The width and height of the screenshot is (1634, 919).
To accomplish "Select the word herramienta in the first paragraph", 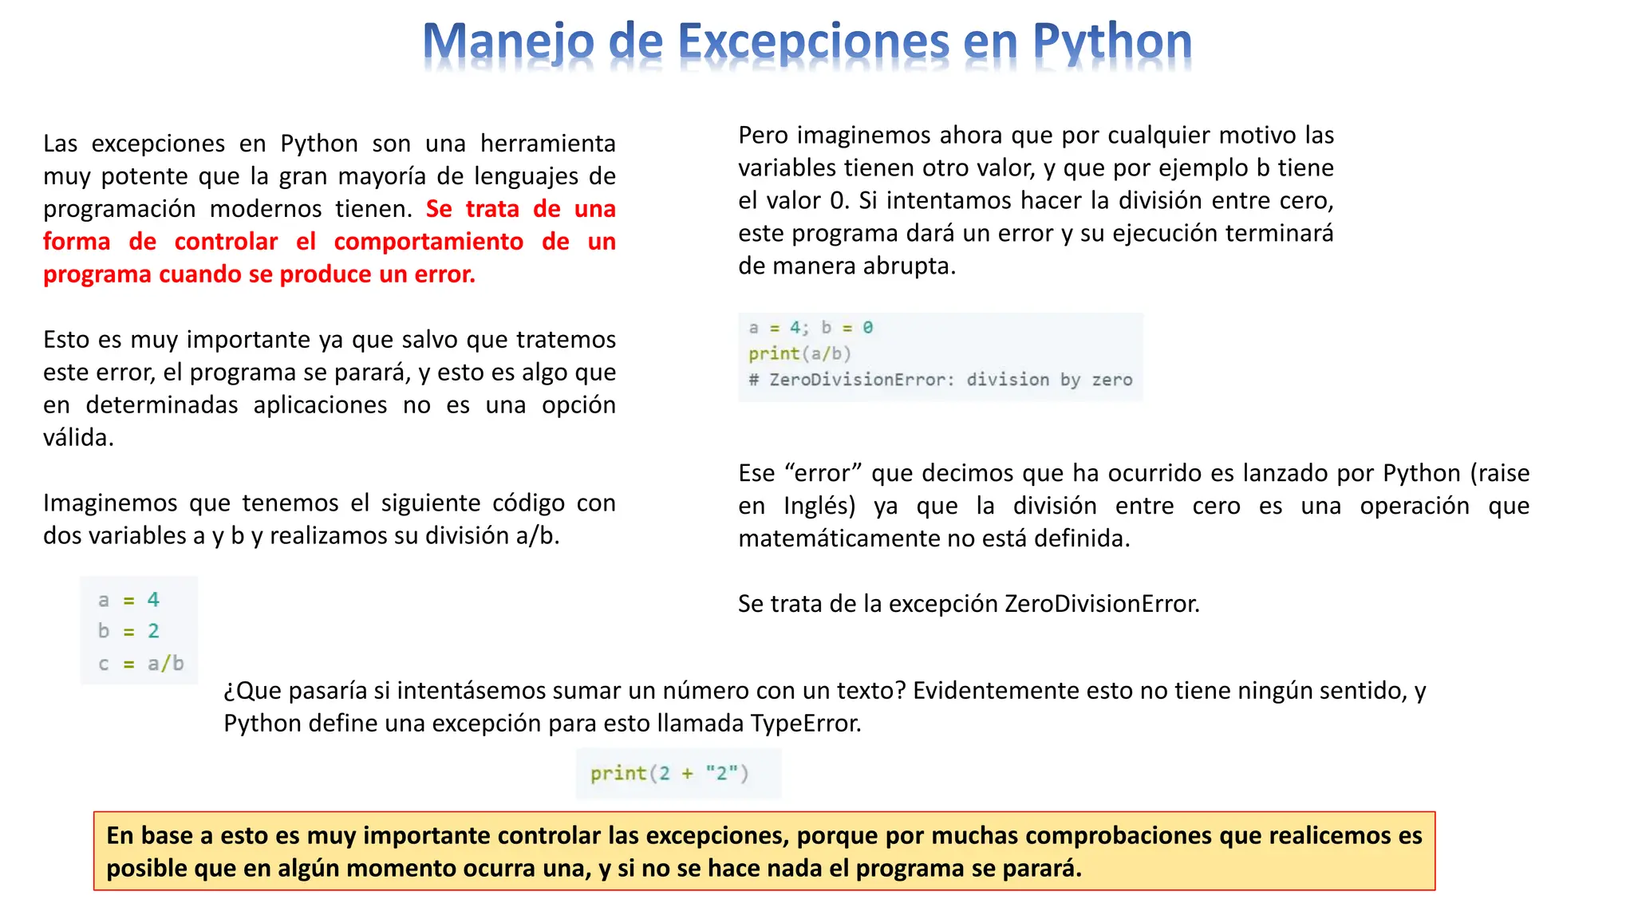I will [547, 144].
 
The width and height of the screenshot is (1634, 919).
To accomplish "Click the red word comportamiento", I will [428, 242].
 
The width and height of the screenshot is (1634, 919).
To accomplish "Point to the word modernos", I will [263, 209].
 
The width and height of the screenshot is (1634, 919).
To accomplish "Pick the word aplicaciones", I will [320, 405].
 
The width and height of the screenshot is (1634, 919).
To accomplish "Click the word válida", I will [78, 438].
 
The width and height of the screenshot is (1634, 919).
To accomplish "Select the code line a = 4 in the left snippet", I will [128, 600].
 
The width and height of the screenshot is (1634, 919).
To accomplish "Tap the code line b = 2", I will [128, 631].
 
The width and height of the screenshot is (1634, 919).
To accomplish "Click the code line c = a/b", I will [140, 664].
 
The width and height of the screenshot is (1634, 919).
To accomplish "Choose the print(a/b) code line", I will [799, 353].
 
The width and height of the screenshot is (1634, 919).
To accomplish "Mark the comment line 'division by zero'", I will [940, 380].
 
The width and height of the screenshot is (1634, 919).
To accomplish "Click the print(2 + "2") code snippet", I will [669, 773].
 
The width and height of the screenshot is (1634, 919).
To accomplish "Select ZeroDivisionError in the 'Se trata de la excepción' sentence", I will [1101, 604].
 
